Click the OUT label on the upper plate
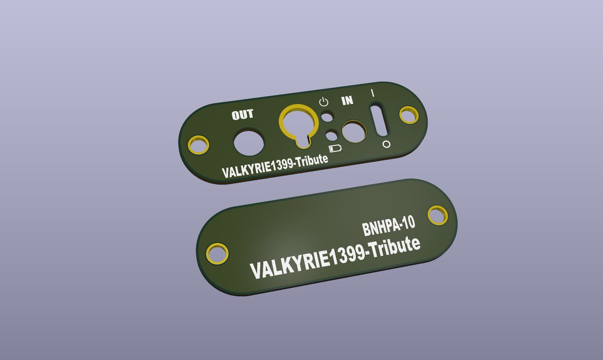(x=243, y=115)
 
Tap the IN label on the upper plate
(x=347, y=101)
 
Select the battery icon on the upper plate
(x=336, y=149)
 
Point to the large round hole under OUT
(x=249, y=143)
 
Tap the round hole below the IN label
(x=354, y=132)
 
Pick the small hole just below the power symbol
(x=327, y=117)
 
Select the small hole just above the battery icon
(x=331, y=135)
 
